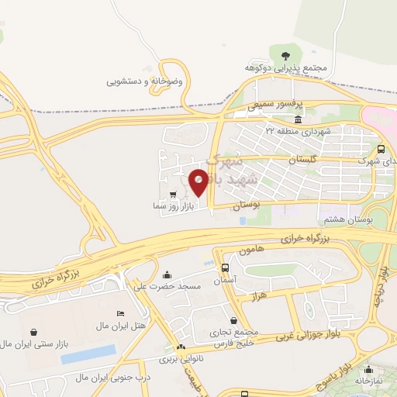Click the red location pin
tap(198, 182)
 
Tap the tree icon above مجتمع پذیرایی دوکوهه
tap(286, 55)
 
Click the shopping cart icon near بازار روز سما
tap(172, 195)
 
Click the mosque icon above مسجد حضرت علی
tap(167, 275)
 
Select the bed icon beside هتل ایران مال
tap(120, 312)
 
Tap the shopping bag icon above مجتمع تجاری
tap(233, 321)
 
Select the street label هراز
tap(259, 297)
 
